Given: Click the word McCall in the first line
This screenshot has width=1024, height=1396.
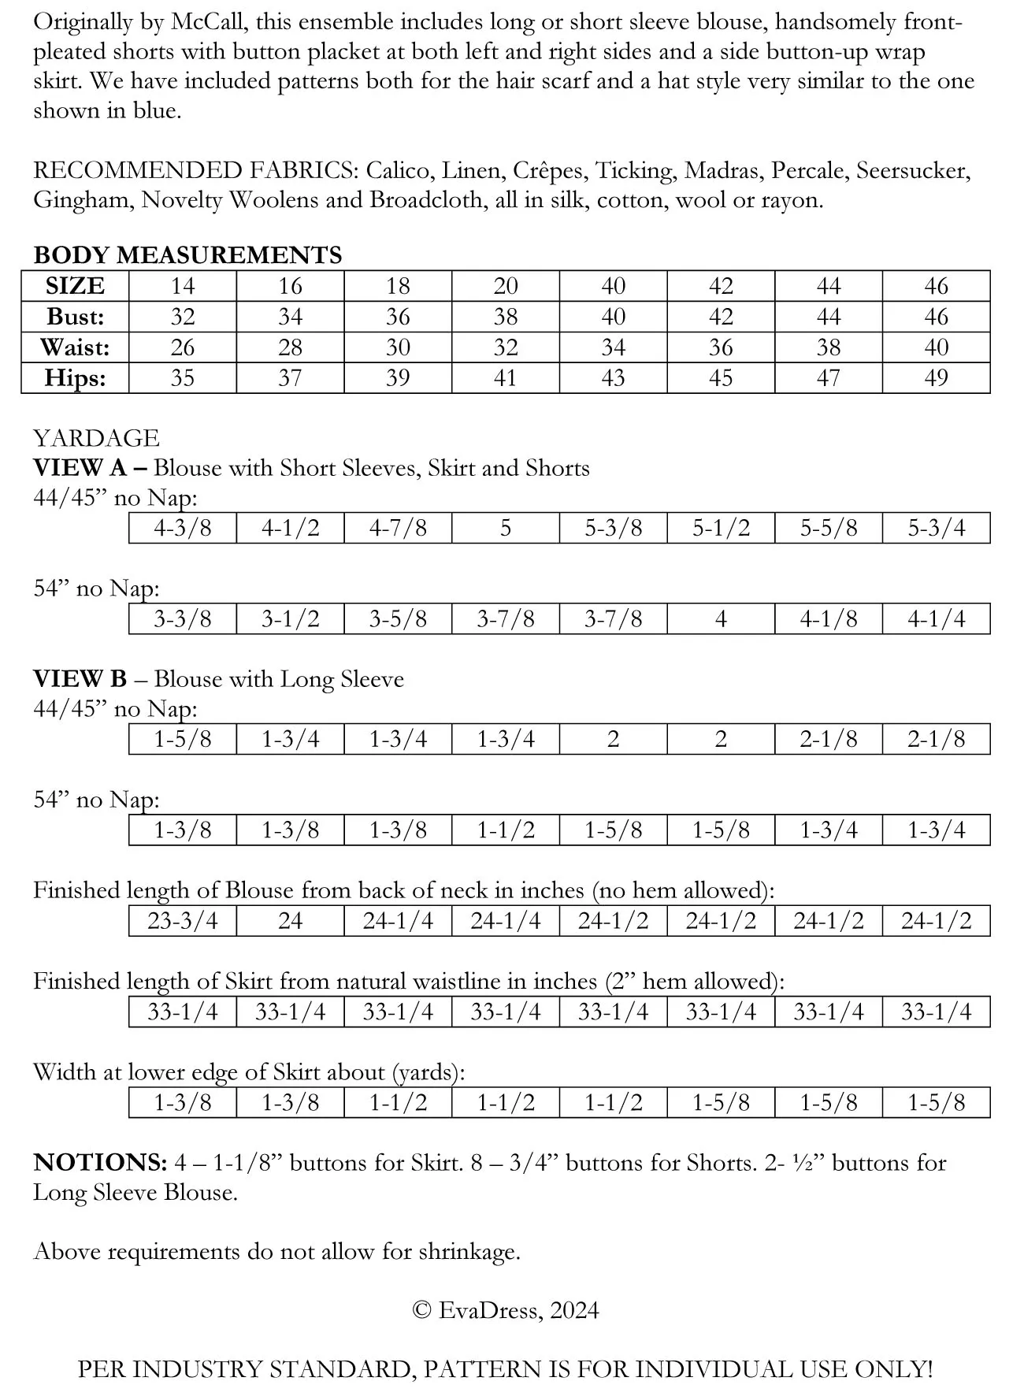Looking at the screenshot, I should [207, 22].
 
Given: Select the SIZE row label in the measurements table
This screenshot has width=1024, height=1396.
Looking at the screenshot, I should [75, 286].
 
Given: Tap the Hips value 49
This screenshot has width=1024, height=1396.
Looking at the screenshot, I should [936, 378].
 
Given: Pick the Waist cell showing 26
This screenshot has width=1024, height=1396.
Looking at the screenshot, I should [182, 347].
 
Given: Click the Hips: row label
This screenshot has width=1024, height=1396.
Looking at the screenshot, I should [75, 378].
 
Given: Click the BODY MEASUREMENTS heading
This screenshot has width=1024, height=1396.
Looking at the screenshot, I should [187, 255].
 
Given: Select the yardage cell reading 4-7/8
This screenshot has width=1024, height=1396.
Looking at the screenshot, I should [398, 528].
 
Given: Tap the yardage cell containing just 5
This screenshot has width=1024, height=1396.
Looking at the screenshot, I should [506, 528].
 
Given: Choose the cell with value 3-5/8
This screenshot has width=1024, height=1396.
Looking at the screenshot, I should [398, 619].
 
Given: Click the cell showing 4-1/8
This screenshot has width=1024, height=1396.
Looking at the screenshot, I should [829, 619].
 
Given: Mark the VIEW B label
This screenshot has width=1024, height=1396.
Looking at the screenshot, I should [80, 679].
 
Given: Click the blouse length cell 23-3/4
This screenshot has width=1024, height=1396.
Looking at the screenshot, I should [182, 921].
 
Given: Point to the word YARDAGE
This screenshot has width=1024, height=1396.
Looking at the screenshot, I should [96, 438].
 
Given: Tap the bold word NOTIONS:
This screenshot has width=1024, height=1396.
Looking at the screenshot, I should [100, 1163].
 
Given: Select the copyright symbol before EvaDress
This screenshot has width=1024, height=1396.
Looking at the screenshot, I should [421, 1311].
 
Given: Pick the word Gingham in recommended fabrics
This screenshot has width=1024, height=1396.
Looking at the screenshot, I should [83, 200].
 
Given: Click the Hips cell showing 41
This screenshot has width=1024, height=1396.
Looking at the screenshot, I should [506, 378].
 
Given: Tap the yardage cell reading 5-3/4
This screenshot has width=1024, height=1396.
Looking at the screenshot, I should [936, 528].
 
